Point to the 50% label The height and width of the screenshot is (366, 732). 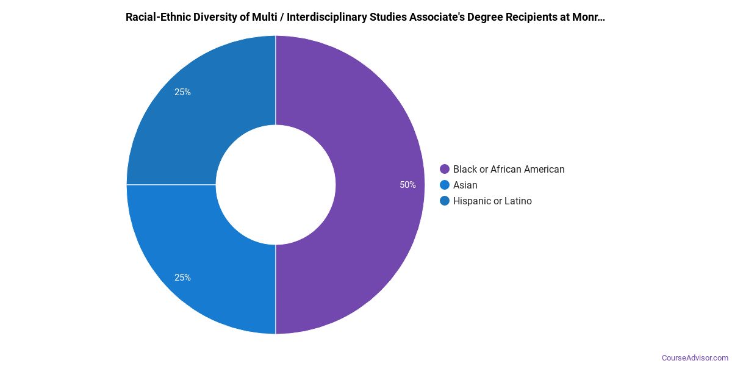pos(407,185)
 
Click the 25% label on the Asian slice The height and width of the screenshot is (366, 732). pos(182,278)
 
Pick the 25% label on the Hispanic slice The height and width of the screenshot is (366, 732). pos(182,92)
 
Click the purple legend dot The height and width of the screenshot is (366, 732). pos(445,169)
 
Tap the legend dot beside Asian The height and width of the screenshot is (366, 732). pos(445,185)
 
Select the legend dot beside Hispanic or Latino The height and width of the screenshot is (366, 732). pos(445,201)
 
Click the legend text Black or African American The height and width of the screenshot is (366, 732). pos(509,169)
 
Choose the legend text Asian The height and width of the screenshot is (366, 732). pos(465,185)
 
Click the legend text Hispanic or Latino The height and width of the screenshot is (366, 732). pos(492,201)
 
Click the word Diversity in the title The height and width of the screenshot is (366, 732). pos(210,17)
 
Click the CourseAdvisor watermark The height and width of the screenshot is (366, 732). pos(695,358)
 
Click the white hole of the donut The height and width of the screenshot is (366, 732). pos(276,185)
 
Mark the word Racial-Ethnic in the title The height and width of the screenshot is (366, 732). pos(156,17)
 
